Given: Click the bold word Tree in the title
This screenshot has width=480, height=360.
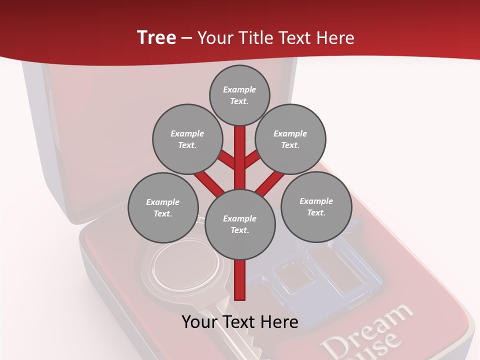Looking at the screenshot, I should click(x=156, y=37).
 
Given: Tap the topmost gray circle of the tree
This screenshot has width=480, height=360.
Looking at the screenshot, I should click(x=239, y=95).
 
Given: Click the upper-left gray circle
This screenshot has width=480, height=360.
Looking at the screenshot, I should click(x=187, y=139).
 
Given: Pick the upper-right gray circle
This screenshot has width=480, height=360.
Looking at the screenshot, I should click(x=290, y=139).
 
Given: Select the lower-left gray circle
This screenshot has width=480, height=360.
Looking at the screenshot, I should click(x=163, y=207).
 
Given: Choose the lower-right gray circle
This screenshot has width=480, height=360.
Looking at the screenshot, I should click(x=316, y=206).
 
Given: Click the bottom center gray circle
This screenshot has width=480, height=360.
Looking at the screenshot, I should click(x=240, y=224).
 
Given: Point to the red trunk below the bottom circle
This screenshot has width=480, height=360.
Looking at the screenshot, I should click(x=240, y=280).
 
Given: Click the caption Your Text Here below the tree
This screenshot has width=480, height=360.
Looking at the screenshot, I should click(x=240, y=322).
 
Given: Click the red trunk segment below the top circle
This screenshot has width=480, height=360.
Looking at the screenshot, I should click(x=240, y=150).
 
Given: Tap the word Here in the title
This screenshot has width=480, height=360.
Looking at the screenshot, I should click(x=336, y=37).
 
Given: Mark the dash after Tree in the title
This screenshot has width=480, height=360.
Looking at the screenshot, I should click(x=186, y=38).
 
